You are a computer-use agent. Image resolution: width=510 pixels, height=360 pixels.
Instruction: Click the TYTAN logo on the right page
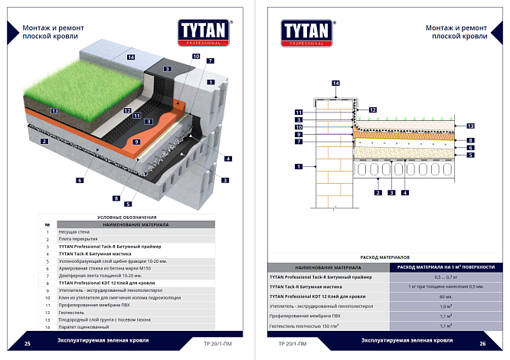(307, 31)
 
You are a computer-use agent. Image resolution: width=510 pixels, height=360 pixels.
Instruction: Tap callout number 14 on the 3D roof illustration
(131, 57)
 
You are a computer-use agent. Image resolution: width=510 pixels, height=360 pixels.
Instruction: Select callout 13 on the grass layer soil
(55, 112)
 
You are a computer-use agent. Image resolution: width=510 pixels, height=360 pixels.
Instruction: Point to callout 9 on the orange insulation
(137, 142)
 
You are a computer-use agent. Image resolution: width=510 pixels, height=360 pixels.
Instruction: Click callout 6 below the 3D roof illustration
(79, 181)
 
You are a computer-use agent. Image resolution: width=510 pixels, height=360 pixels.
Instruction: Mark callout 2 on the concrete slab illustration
(45, 142)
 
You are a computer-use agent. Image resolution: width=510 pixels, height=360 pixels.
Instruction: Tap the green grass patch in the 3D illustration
(84, 84)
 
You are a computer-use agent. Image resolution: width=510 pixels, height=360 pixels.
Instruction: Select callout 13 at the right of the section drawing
(471, 126)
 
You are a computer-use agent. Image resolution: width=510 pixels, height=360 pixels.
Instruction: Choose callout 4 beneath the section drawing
(404, 192)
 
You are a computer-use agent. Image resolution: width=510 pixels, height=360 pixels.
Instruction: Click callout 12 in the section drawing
(372, 110)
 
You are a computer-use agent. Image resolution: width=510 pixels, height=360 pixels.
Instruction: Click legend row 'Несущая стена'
(73, 231)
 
